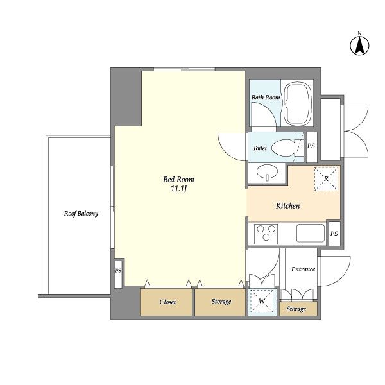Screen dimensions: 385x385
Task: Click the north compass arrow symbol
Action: (x=359, y=46)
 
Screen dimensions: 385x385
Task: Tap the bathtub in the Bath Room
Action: (x=297, y=103)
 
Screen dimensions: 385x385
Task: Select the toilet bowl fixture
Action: (x=283, y=148)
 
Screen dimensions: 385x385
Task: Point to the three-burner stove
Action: (x=266, y=234)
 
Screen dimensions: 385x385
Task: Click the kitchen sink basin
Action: (x=311, y=233)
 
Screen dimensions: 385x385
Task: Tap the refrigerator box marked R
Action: (x=327, y=179)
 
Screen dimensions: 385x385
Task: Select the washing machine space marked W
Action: (x=262, y=301)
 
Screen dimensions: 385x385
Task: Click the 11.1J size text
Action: (x=179, y=189)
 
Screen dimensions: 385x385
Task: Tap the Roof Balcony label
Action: (x=81, y=214)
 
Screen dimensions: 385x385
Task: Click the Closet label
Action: (x=167, y=302)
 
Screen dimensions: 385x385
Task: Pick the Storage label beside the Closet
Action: (x=221, y=302)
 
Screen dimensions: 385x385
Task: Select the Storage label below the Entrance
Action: (x=296, y=309)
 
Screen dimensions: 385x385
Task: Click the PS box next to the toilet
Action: (x=311, y=147)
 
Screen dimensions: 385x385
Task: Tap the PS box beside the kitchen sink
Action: (x=334, y=234)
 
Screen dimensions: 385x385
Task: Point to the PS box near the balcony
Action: (x=118, y=273)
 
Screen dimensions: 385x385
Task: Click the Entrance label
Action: (x=304, y=269)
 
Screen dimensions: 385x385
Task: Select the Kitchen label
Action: (x=287, y=205)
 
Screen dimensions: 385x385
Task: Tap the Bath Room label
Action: (x=266, y=98)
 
